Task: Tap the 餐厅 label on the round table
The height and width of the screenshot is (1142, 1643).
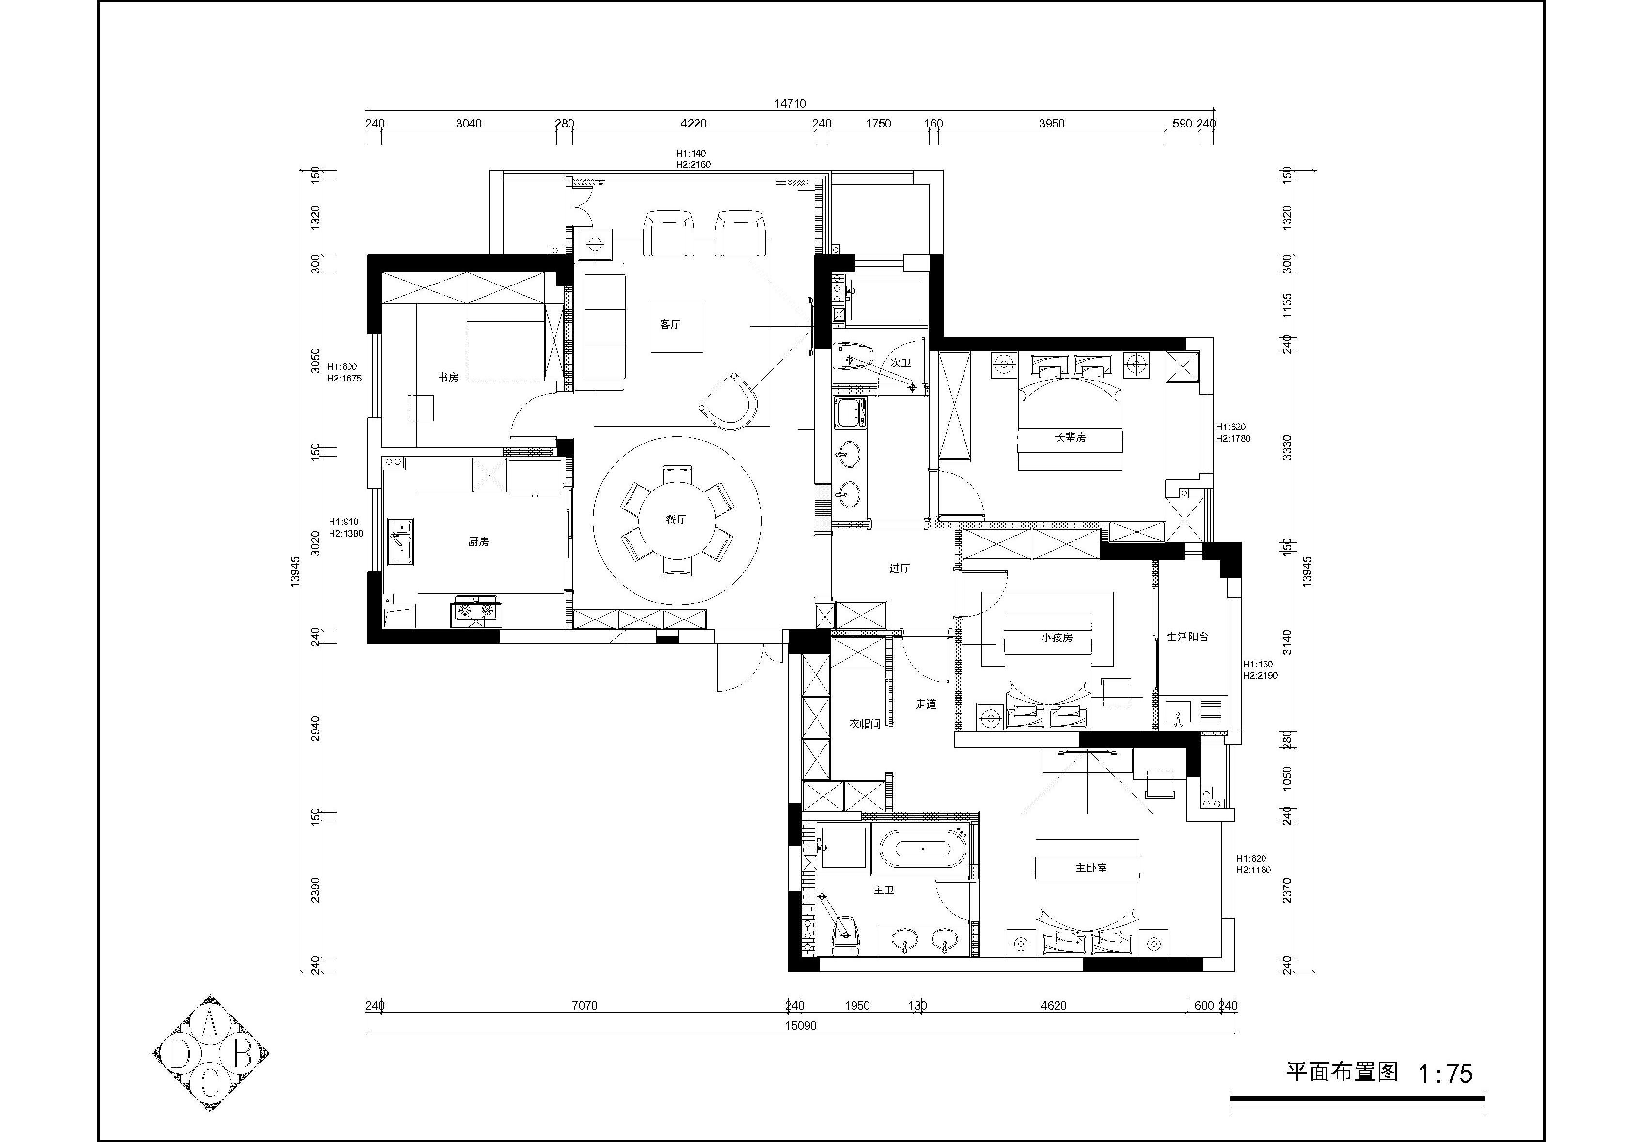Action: coord(676,520)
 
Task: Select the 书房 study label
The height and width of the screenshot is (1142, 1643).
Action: coord(448,377)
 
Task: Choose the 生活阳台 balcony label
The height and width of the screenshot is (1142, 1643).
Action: coord(1187,636)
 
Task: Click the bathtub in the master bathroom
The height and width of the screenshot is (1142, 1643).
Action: coord(923,849)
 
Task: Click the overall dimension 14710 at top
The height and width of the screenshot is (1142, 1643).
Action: coord(790,104)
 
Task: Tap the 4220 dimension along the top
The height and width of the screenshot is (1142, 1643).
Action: coord(693,124)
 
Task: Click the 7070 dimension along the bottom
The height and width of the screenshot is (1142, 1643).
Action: coord(585,1005)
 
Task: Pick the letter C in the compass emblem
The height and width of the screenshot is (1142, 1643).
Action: coord(209,1085)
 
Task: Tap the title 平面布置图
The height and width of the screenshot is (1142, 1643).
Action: coord(1342,1071)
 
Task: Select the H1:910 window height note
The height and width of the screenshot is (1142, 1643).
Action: coord(343,523)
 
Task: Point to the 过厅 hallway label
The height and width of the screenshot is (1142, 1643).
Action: coord(900,569)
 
